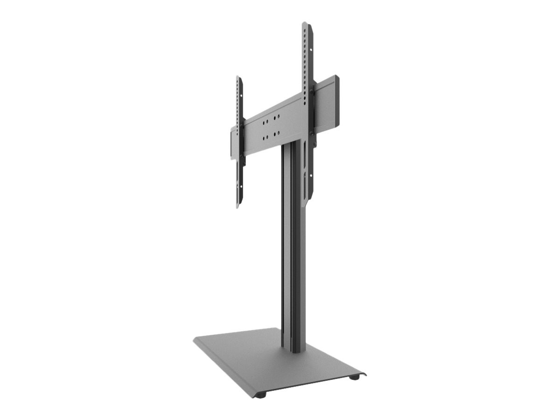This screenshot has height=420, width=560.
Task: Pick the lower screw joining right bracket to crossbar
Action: click(x=311, y=134)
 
